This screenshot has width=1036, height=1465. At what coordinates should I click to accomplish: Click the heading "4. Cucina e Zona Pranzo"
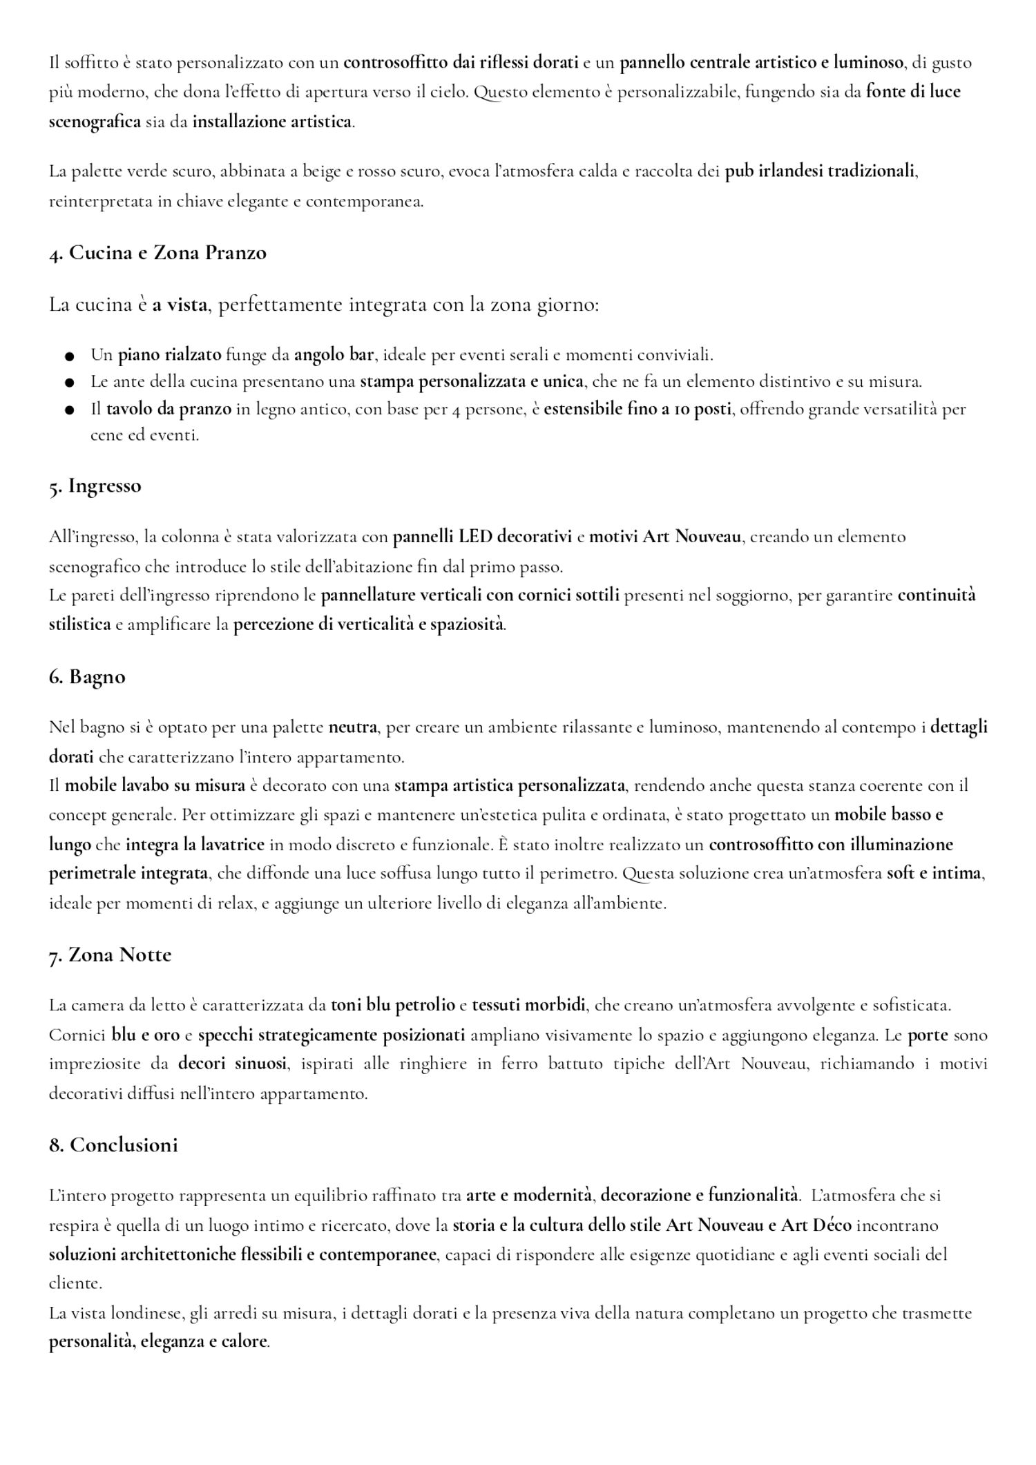(x=157, y=253)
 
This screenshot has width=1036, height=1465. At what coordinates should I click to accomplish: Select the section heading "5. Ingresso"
(x=95, y=486)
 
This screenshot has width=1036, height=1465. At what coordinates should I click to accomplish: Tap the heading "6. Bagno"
(x=87, y=677)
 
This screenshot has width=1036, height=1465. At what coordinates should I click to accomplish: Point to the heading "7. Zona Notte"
(x=110, y=955)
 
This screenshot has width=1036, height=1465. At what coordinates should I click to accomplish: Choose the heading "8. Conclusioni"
(x=113, y=1145)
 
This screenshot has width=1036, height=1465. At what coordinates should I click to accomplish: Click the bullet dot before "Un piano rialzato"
(x=69, y=356)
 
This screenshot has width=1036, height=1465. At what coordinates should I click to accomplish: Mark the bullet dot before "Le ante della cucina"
(x=69, y=382)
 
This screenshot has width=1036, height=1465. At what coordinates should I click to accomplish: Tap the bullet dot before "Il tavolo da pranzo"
(x=69, y=410)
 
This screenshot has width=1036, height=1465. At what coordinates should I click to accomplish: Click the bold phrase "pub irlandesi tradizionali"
(x=820, y=171)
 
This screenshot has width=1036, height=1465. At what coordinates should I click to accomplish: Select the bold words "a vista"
(x=180, y=305)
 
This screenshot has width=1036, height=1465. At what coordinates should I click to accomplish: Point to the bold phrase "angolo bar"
(x=334, y=356)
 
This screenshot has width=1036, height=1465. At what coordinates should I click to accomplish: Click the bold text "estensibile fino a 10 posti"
(x=637, y=410)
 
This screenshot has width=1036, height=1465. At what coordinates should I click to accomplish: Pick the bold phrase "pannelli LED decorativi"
(x=482, y=537)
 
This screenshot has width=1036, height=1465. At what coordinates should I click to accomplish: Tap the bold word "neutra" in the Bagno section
(x=352, y=727)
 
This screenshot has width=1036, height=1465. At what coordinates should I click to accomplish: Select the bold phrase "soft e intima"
(x=934, y=874)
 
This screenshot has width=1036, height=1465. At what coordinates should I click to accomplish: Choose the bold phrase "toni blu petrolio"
(x=392, y=1006)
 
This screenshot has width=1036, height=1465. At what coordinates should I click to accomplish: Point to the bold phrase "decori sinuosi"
(x=232, y=1064)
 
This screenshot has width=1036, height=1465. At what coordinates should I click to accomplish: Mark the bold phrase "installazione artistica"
(x=272, y=122)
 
